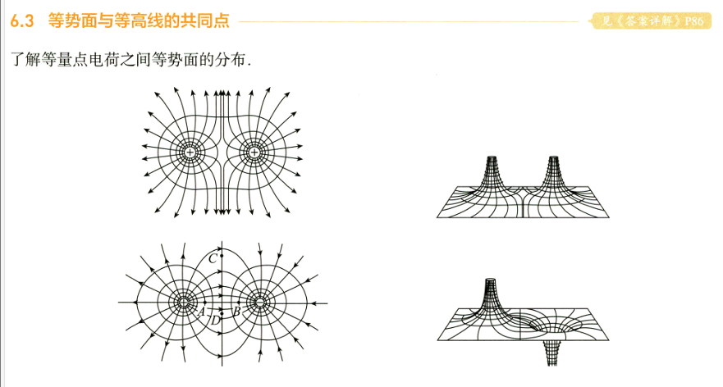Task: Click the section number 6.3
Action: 22,21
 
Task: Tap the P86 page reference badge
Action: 652,21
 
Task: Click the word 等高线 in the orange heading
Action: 139,21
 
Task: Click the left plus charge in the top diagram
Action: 190,153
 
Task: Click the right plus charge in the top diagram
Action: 254,153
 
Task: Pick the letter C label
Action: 213,259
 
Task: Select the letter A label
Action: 201,312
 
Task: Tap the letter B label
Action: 236,312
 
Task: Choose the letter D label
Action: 215,321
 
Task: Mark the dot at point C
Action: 222,256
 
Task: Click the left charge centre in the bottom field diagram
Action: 184,303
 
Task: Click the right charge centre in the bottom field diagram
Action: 259,303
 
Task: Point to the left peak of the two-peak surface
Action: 493,160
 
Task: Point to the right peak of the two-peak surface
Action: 553,160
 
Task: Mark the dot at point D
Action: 222,314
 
